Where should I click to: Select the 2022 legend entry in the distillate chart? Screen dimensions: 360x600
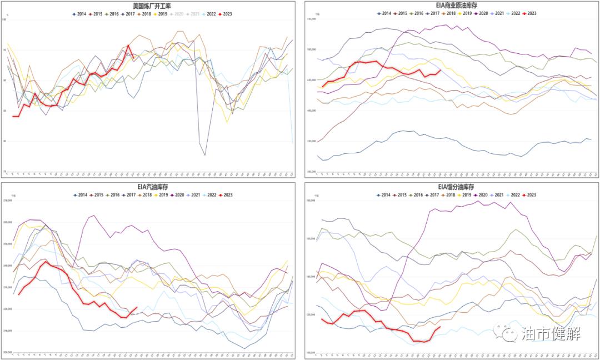pyautogui.click(x=509, y=195)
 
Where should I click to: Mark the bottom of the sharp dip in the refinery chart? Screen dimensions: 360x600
pyautogui.click(x=205, y=155)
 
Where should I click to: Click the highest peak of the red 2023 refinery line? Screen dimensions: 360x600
pyautogui.click(x=128, y=46)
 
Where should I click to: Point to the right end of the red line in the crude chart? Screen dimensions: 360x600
pyautogui.click(x=441, y=70)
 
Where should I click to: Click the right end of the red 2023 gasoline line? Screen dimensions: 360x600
pyautogui.click(x=137, y=307)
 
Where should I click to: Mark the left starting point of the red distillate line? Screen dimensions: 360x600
pyautogui.click(x=321, y=318)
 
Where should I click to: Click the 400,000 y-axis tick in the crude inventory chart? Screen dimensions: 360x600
pyautogui.click(x=309, y=111)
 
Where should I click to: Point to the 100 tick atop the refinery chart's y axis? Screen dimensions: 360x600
pyautogui.click(x=4, y=20)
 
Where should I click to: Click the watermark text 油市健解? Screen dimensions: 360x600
pyautogui.click(x=551, y=333)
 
